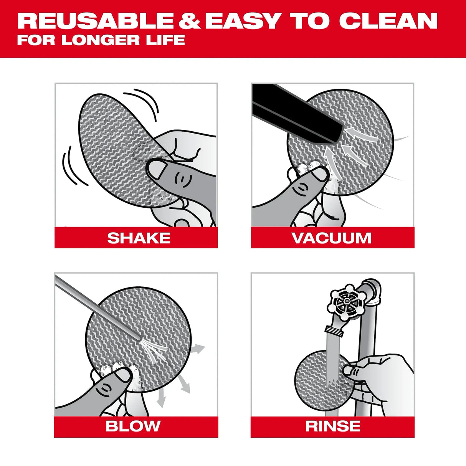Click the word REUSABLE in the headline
click(x=95, y=21)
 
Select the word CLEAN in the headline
click(x=388, y=21)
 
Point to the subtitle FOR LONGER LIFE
click(x=101, y=40)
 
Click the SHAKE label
click(x=139, y=238)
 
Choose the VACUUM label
click(x=332, y=238)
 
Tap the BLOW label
click(x=133, y=426)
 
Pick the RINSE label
click(x=332, y=426)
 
